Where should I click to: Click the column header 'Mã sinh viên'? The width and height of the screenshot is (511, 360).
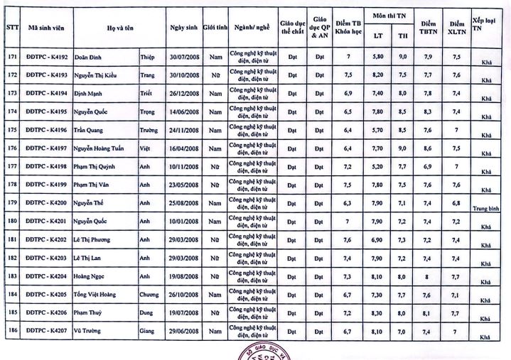48,26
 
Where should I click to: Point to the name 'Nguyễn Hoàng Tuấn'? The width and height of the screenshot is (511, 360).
102,148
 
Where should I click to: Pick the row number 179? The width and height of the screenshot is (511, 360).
11,203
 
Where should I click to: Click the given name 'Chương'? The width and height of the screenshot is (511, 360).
149,294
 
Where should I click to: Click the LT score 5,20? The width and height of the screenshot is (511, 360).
378,166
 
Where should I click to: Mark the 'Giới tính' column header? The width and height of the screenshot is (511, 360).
215,26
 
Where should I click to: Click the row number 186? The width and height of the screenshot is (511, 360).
11,331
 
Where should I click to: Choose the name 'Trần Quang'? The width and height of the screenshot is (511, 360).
91,129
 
